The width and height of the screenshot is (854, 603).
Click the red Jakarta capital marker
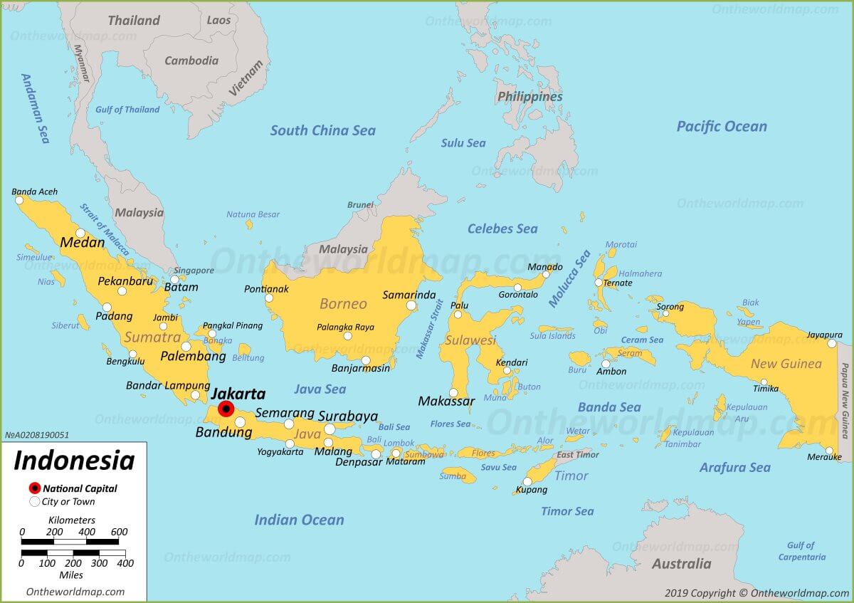[226, 409]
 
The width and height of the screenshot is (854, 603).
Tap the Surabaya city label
[348, 416]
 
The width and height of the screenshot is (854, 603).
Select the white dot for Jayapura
[831, 344]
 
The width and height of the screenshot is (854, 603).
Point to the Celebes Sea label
[502, 229]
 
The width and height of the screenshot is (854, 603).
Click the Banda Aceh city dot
[19, 201]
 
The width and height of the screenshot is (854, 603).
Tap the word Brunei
[360, 205]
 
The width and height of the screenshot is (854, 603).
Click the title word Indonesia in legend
[74, 461]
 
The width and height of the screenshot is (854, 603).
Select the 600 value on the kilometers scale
[119, 532]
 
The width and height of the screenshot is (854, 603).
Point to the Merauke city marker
[829, 451]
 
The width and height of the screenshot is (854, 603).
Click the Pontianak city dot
[269, 298]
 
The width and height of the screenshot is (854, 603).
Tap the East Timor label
[578, 455]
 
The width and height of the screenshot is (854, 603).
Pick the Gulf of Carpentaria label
[801, 551]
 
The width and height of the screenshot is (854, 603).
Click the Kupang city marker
[527, 481]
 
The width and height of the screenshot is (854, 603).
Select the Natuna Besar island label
[253, 214]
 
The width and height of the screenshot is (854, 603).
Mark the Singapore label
[194, 271]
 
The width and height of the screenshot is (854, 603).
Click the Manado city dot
[547, 274]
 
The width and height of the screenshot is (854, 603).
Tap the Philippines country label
[529, 97]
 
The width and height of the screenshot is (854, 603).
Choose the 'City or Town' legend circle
[34, 502]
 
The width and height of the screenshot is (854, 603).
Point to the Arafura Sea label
[734, 468]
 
